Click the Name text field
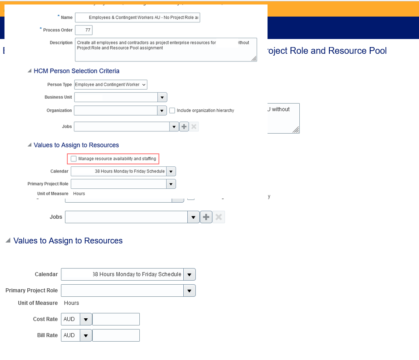[x=137, y=17]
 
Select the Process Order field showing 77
[x=84, y=30]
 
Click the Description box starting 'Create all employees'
[x=165, y=49]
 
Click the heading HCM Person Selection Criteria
[x=76, y=71]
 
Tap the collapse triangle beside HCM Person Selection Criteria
[x=30, y=71]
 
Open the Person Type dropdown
[x=111, y=84]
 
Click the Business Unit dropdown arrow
[x=162, y=97]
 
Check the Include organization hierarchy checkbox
[x=172, y=110]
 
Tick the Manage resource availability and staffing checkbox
[x=73, y=159]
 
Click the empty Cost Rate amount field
[x=116, y=319]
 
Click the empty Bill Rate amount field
[x=116, y=335]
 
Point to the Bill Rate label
[x=47, y=335]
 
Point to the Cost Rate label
[x=45, y=319]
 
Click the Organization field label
[x=59, y=110]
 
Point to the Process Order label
[x=57, y=30]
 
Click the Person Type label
[x=60, y=84]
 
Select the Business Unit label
[x=58, y=97]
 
